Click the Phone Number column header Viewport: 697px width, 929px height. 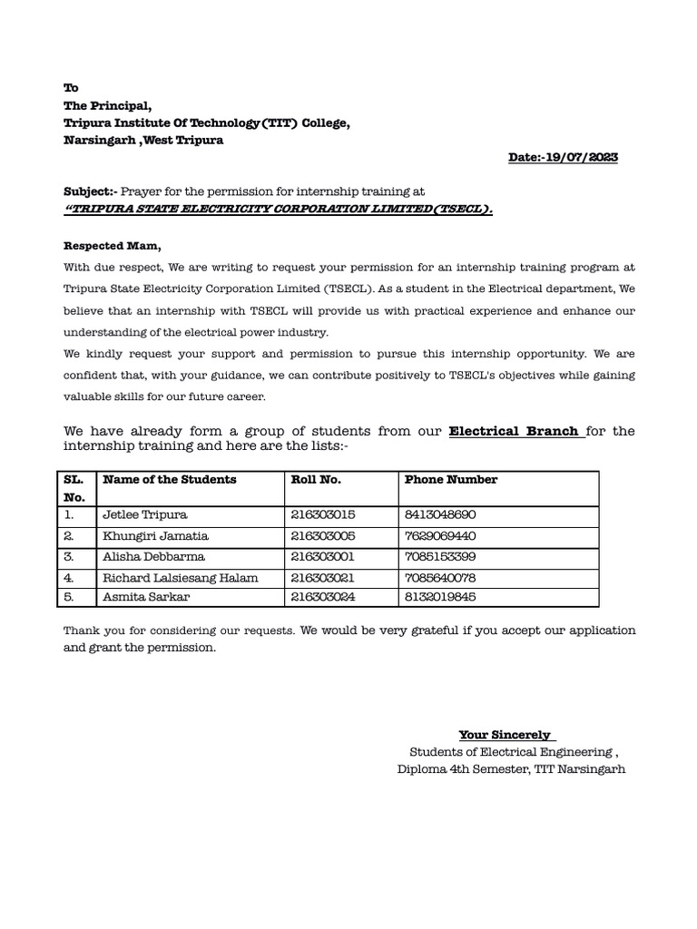pos(450,480)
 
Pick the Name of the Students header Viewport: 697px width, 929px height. pos(170,480)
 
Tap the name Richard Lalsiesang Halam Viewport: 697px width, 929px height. pos(181,578)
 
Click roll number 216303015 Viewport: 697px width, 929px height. pos(323,514)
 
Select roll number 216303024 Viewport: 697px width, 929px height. pos(323,597)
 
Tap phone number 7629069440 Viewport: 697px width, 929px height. pos(440,536)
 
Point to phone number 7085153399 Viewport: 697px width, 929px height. pos(440,557)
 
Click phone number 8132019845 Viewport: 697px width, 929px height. pos(440,597)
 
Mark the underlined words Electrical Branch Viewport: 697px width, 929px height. pos(516,431)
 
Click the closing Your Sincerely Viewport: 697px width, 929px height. pos(507,735)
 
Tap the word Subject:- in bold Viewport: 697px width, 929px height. pos(90,192)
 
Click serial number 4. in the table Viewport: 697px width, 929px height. pos(69,578)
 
